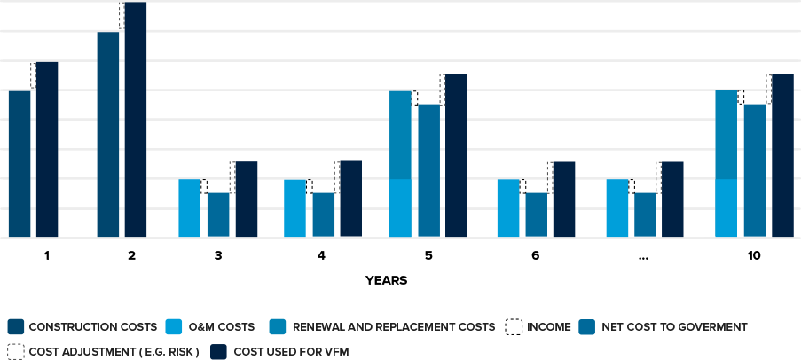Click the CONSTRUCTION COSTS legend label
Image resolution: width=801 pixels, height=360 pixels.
click(93, 327)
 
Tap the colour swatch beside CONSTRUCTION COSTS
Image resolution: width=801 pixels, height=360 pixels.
click(15, 327)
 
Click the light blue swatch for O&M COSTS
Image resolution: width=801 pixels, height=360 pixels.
click(174, 327)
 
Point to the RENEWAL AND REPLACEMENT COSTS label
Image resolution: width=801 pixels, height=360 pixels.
click(393, 327)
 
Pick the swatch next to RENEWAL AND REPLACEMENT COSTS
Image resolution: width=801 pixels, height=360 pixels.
click(279, 327)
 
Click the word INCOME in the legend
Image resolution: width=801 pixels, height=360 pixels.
click(549, 327)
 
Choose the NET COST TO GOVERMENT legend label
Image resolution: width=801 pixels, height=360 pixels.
click(674, 327)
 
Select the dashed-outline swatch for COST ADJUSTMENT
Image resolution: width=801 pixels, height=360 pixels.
click(15, 351)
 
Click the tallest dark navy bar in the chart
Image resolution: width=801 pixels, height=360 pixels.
click(136, 120)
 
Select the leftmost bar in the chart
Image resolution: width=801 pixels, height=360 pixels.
click(20, 164)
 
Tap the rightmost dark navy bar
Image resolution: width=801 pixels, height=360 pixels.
click(782, 155)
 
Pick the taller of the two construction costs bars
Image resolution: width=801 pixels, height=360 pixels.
click(108, 135)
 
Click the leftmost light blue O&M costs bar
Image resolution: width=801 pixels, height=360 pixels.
click(190, 208)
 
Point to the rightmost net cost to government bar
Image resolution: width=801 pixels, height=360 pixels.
click(754, 170)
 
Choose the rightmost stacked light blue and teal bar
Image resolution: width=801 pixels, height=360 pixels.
click(726, 164)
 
